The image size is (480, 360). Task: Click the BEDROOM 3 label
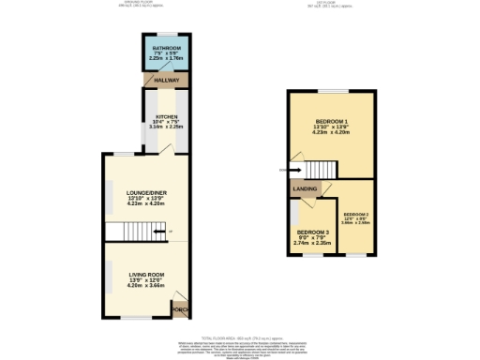314,232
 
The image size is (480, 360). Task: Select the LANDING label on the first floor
305,189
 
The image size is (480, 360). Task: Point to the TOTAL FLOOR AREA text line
240,335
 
